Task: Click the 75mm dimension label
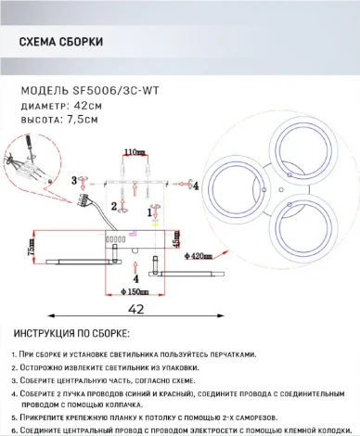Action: [31, 251]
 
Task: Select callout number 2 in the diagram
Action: [113, 206]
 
